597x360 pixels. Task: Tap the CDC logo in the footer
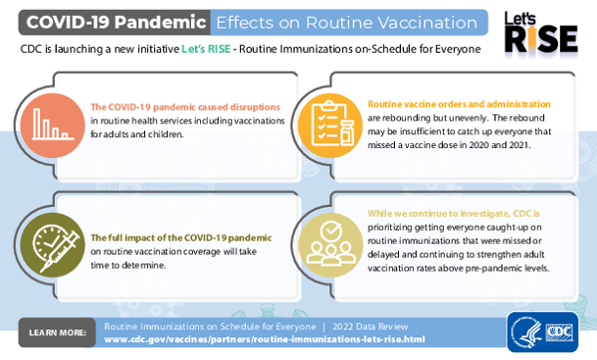click(555, 332)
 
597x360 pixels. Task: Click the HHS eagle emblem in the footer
click(523, 332)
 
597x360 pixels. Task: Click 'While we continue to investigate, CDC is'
click(453, 214)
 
